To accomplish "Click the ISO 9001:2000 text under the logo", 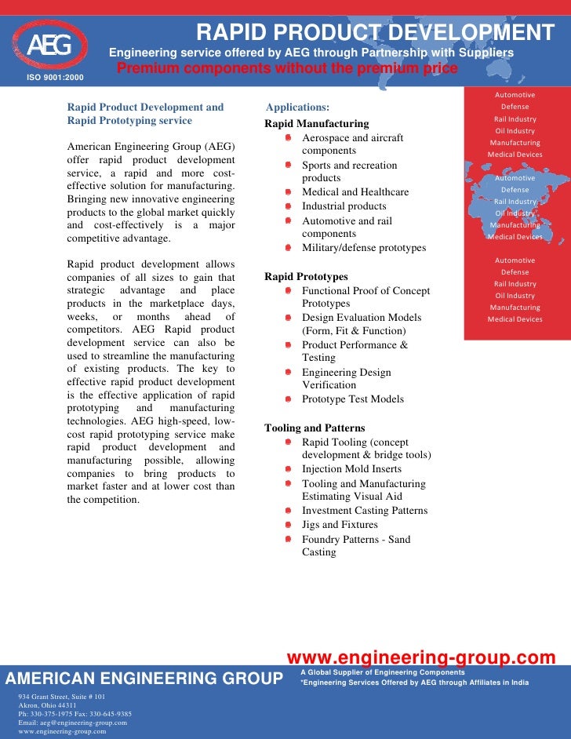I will point(55,78).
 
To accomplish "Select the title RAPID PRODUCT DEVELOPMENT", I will point(375,33).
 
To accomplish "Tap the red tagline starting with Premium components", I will point(287,69).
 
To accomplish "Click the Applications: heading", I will point(297,107).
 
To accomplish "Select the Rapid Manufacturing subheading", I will point(316,124).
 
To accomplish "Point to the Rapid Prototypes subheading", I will point(306,277).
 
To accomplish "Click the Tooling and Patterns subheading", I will point(315,428).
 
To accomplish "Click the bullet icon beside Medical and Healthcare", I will point(288,192).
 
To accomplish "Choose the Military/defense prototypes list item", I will point(364,248).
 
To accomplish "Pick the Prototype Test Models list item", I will point(353,399).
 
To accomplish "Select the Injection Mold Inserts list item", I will point(351,469).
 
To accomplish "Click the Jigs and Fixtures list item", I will point(340,525).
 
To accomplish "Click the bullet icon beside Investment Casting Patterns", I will point(288,511).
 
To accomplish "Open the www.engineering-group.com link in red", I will point(421,657).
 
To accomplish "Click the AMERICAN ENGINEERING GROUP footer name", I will point(145,679).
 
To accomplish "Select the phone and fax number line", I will point(75,714).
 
